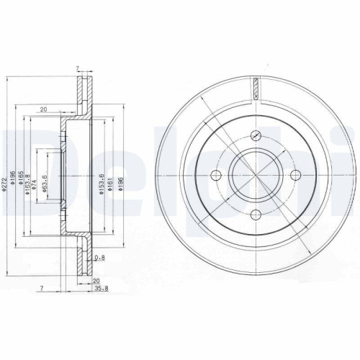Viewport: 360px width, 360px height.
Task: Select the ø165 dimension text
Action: pyautogui.click(x=22, y=175)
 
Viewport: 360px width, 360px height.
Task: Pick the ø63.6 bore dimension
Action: pyautogui.click(x=45, y=176)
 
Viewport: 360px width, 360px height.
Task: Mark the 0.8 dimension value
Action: pyautogui.click(x=101, y=257)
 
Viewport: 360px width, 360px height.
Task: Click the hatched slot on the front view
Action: pyautogui.click(x=256, y=89)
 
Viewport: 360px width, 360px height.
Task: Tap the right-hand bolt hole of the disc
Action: pyautogui.click(x=294, y=176)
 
